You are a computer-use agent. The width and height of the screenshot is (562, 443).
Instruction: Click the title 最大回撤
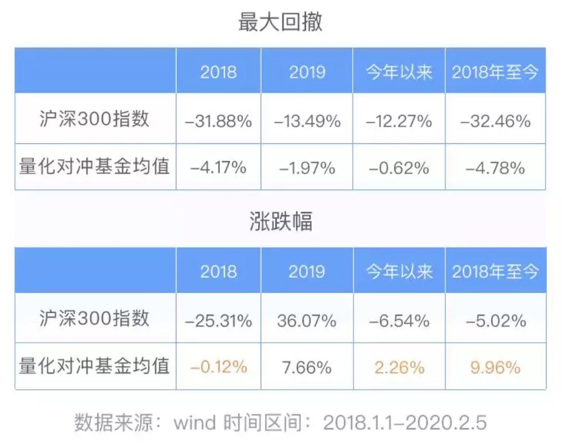(x=280, y=22)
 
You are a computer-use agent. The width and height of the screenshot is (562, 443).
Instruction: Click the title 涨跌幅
(x=280, y=222)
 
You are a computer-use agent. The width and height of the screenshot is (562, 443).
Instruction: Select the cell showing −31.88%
(x=218, y=121)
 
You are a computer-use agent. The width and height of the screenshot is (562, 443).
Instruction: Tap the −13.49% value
(x=307, y=121)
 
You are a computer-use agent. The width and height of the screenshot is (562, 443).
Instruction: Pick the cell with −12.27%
(x=399, y=121)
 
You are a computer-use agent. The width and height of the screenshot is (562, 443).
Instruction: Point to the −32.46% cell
(x=496, y=121)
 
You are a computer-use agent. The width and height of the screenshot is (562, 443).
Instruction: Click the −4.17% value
(x=218, y=168)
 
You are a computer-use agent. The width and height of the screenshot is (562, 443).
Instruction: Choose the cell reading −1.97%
(x=307, y=168)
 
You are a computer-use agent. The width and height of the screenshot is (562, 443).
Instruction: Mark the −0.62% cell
(x=399, y=168)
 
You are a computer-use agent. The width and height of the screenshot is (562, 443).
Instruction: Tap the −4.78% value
(x=496, y=168)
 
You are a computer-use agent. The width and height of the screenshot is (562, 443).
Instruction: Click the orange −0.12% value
(x=218, y=367)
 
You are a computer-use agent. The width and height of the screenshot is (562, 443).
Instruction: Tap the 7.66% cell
(x=307, y=367)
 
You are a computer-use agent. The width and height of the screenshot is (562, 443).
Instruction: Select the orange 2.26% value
(x=399, y=367)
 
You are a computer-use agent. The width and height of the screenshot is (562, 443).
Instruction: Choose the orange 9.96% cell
(x=496, y=367)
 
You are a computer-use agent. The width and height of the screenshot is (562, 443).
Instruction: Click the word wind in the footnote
(x=195, y=423)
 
